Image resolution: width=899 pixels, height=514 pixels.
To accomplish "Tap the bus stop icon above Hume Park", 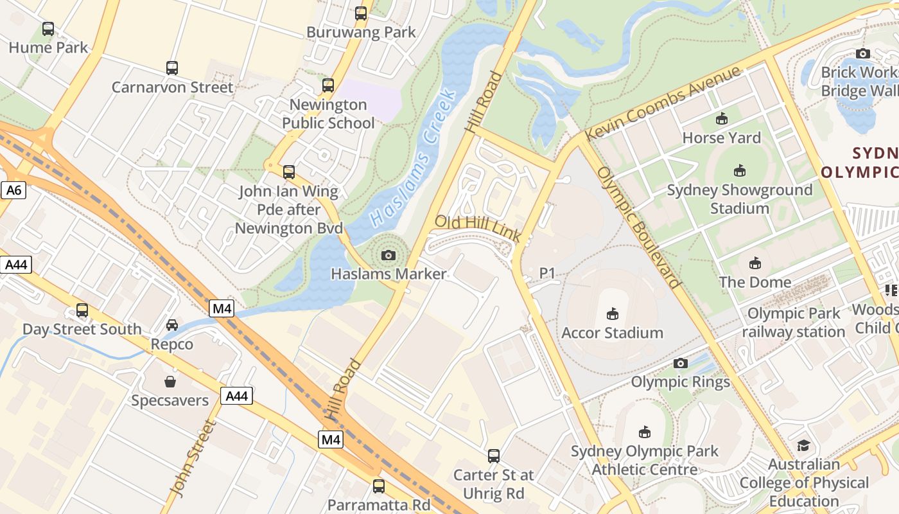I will click(48, 29).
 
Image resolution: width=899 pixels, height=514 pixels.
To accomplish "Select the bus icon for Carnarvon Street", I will click(171, 68).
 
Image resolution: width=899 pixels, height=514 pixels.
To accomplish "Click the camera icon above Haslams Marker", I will click(388, 256).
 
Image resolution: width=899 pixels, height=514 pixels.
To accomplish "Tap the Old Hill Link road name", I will click(478, 229).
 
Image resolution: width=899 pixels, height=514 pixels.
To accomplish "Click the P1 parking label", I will click(546, 274).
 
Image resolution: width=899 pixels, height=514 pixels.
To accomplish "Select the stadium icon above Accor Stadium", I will click(612, 314).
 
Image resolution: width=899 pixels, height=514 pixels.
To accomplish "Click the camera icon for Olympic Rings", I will click(681, 364).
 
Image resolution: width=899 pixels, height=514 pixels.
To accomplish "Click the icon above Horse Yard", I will click(722, 119).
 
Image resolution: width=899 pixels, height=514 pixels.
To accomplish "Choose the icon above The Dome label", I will click(755, 263).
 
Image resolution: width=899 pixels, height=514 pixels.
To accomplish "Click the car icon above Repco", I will click(172, 325).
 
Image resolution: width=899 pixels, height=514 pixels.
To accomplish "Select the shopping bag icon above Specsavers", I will click(170, 382).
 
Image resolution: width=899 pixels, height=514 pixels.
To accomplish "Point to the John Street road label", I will click(191, 458).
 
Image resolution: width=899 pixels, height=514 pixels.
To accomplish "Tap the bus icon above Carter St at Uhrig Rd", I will click(493, 456).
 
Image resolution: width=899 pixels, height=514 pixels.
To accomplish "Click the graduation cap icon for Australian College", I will click(803, 445).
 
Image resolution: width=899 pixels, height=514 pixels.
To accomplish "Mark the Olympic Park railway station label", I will click(794, 323).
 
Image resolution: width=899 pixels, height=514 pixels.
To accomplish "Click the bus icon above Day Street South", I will click(82, 310).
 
